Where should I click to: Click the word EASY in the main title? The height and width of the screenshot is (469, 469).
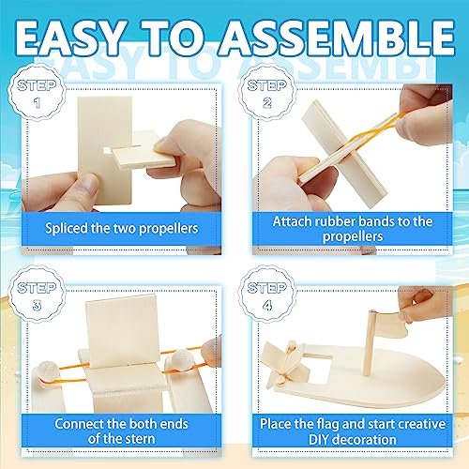[x=68, y=38]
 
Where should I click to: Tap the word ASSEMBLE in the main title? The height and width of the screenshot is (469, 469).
[x=337, y=38]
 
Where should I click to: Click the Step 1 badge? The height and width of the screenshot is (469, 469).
[x=37, y=93]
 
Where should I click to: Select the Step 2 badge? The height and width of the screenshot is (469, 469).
[x=266, y=93]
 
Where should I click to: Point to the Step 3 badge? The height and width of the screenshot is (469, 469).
[x=37, y=295]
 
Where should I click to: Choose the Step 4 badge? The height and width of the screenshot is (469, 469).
[x=266, y=295]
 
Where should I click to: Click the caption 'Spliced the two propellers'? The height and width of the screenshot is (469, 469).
[x=122, y=228]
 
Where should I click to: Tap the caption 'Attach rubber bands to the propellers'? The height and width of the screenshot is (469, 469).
[x=353, y=229]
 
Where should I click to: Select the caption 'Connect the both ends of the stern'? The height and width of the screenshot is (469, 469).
[x=122, y=431]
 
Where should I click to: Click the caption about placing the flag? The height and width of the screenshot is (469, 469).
[x=353, y=431]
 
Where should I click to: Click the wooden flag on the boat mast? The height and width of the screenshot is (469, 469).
[x=391, y=324]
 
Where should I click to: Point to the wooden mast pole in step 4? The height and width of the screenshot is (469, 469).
[x=369, y=343]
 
